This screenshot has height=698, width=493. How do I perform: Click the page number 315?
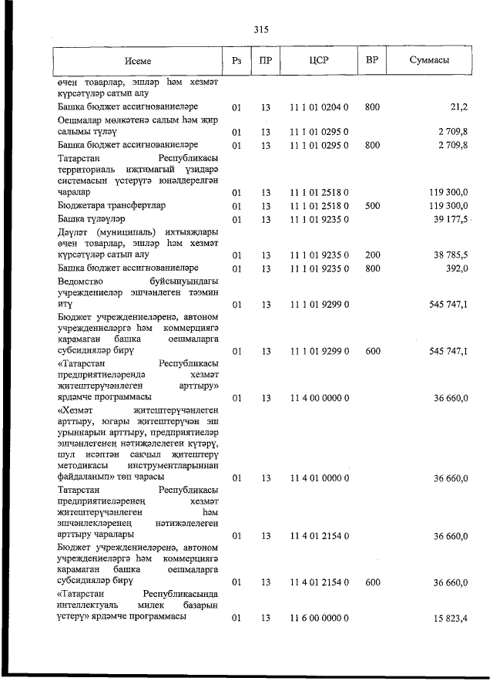pyautogui.click(x=260, y=30)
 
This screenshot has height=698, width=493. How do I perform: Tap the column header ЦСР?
pyautogui.click(x=319, y=60)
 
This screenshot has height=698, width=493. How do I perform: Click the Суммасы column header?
pyautogui.click(x=430, y=60)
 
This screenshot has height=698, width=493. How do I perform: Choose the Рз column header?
pyautogui.click(x=236, y=60)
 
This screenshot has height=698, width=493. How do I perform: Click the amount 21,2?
pyautogui.click(x=458, y=106)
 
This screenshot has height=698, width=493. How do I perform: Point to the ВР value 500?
pyautogui.click(x=372, y=206)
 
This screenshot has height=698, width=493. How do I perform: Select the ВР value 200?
pyautogui.click(x=372, y=255)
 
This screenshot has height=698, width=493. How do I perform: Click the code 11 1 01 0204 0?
pyautogui.click(x=319, y=106)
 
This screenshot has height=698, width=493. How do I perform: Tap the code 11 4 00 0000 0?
pyautogui.click(x=319, y=398)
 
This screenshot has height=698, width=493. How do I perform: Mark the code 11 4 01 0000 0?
pyautogui.click(x=319, y=478)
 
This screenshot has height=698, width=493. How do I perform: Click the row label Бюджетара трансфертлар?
pyautogui.click(x=112, y=206)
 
